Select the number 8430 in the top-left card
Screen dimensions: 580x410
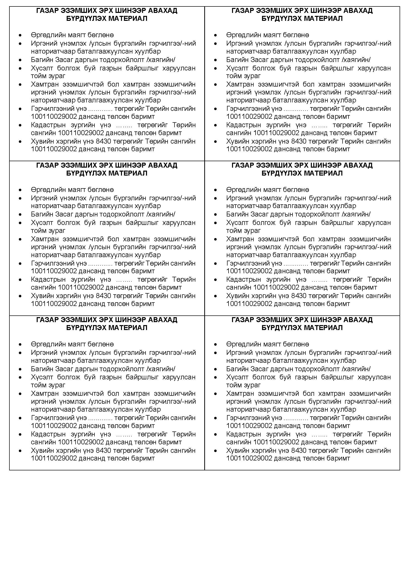104,141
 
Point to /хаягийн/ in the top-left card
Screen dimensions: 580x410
161,60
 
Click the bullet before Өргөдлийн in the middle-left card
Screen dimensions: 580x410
20,190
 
